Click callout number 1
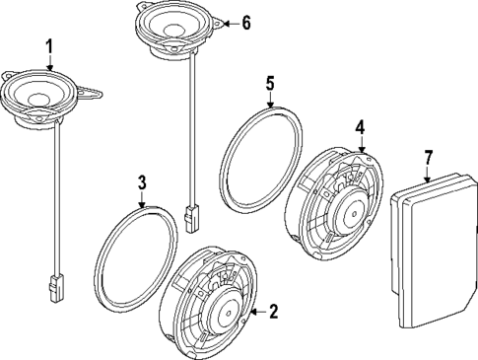click(x=49, y=45)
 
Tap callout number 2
click(x=273, y=312)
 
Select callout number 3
click(x=142, y=181)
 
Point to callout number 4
click(x=361, y=126)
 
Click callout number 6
click(x=246, y=22)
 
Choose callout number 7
click(x=428, y=158)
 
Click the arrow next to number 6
click(x=229, y=22)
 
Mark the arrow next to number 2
click(x=255, y=312)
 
